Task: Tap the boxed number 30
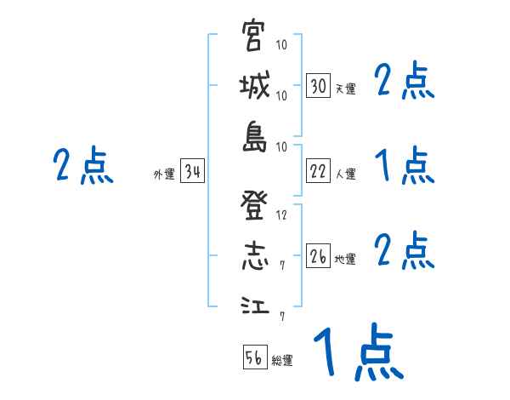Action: click(x=318, y=86)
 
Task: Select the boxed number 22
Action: click(x=318, y=171)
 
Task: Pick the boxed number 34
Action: click(x=192, y=172)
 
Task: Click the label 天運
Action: click(x=345, y=89)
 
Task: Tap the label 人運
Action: click(x=345, y=174)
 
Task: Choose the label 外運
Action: click(x=163, y=174)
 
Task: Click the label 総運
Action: click(x=282, y=360)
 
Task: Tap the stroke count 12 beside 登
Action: click(x=282, y=214)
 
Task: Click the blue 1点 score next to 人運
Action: click(x=405, y=165)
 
